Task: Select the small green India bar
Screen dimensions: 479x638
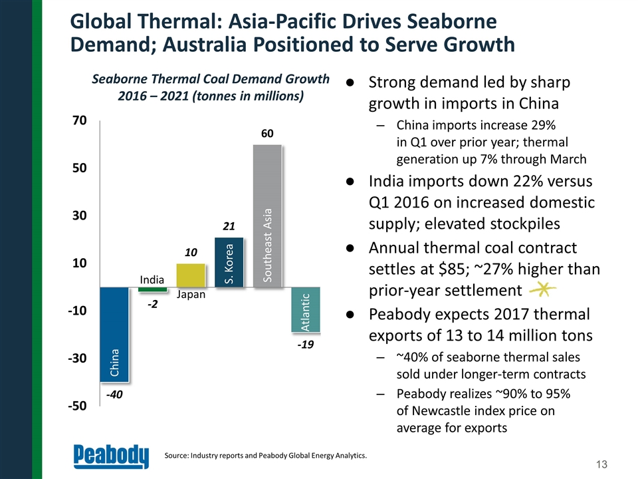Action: [x=152, y=289]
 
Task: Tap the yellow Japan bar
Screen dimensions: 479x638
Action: [x=191, y=275]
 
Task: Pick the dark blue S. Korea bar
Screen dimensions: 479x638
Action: [x=229, y=262]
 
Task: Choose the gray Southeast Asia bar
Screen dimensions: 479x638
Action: [x=268, y=216]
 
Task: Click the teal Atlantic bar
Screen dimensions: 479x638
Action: [x=306, y=309]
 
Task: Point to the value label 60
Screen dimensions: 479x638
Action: [x=267, y=134]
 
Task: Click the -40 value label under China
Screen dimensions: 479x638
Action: [x=115, y=395]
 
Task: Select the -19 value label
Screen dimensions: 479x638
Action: [x=305, y=345]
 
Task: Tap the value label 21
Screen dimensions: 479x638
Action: [x=229, y=227]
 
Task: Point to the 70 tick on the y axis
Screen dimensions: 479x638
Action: [x=79, y=121]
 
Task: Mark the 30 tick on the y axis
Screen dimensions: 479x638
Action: [x=79, y=216]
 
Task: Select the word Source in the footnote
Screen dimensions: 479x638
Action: [x=176, y=455]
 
